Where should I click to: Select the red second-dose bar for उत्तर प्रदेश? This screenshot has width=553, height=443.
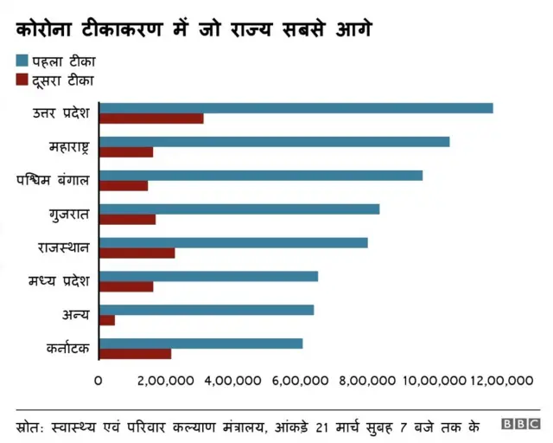151,119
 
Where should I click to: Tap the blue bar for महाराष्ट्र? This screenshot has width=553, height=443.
274,142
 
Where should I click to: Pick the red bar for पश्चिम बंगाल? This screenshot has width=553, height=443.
124,185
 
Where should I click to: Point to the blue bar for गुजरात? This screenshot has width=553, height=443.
239,209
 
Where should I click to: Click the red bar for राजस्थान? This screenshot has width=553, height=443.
137,253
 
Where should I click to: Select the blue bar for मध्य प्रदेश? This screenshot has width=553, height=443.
208,276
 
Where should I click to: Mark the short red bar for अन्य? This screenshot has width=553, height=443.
107,320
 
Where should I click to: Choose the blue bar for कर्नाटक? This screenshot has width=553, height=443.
200,343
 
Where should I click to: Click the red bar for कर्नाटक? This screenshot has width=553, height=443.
135,353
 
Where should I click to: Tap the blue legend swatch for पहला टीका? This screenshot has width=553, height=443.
22,61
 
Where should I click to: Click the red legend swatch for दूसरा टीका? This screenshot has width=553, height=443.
22,80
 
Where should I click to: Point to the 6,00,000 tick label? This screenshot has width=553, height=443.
298,381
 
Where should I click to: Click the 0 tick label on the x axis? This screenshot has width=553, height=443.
99,381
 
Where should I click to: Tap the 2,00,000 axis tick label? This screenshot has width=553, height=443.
166,381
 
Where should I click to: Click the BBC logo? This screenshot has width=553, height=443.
521,424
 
